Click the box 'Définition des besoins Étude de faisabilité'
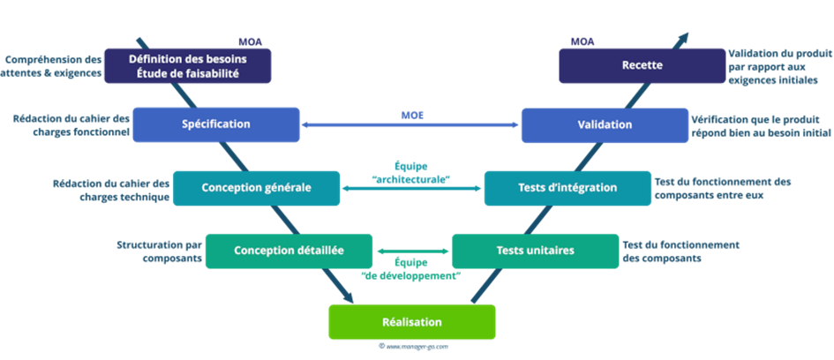click(187, 66)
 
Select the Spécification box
click(215, 124)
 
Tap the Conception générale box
click(256, 187)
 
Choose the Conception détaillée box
click(289, 251)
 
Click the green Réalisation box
click(411, 322)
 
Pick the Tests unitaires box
click(535, 251)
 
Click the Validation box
click(605, 124)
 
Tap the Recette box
click(642, 66)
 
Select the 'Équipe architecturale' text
click(410, 172)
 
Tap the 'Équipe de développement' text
click(411, 269)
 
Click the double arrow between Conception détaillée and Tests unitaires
click(412, 251)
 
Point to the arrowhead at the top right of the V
click(685, 37)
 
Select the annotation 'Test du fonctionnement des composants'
click(680, 252)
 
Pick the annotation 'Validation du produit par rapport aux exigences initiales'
click(772, 66)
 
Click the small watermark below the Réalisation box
click(413, 347)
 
